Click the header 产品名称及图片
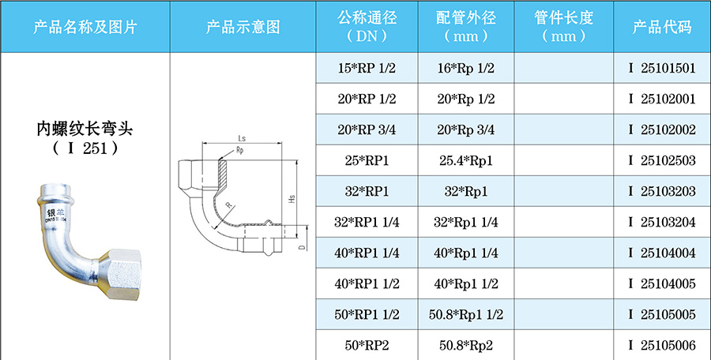85,27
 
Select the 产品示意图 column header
243,27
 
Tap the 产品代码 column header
662,27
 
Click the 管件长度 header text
564,18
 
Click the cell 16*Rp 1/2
466,68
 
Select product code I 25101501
662,68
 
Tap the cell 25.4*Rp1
466,160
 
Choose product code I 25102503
662,160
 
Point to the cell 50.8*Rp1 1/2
466,314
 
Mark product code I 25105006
662,345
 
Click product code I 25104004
662,253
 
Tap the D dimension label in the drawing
302,247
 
